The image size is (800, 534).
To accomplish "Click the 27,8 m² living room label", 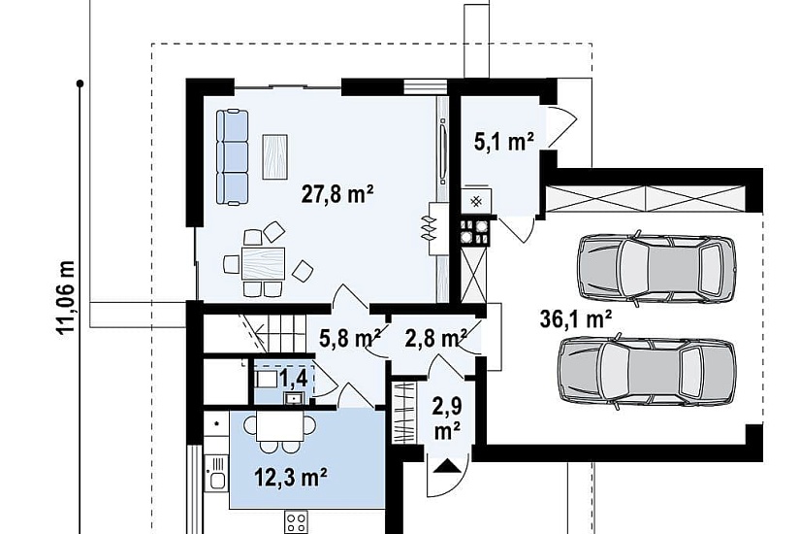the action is coord(337,195).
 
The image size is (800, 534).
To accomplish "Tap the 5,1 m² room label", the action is coord(504,142).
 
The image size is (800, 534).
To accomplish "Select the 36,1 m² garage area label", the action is coord(576,319).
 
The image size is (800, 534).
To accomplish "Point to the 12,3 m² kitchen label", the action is coord(291,478).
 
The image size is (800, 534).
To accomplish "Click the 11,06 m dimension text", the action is coord(65,298).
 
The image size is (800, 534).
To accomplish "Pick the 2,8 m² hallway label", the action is coord(435,338).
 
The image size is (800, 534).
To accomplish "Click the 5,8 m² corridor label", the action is coord(350,338).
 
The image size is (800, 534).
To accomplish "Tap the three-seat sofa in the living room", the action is coord(232,157).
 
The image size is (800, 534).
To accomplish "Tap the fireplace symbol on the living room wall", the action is coord(429,228).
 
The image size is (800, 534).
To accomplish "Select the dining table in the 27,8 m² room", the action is coord(263,263).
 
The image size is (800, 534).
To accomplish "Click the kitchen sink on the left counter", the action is coord(216,473).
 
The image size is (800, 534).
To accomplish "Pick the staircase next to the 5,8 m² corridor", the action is coord(255,333).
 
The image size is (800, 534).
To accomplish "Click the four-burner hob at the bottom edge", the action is coord(296,523).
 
